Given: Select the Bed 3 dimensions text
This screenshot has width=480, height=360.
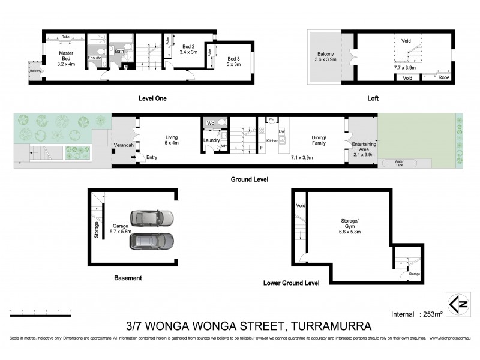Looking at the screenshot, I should (234, 64).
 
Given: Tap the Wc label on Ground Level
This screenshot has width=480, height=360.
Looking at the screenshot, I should (211, 123).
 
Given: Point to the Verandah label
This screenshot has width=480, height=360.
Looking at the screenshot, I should (123, 145).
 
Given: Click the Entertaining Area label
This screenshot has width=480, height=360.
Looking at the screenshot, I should (364, 148).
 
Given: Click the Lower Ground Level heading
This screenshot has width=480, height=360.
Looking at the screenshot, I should (291, 283).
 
